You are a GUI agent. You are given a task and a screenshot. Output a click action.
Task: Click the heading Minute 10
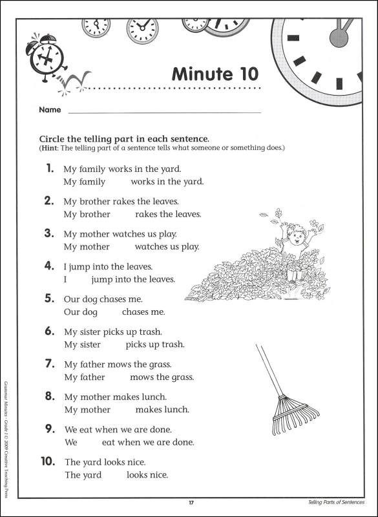(215, 73)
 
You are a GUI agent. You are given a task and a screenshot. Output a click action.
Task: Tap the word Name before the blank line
(50, 110)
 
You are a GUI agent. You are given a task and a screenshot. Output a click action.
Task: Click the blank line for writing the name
(164, 112)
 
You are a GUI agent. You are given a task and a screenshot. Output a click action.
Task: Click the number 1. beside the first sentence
(50, 169)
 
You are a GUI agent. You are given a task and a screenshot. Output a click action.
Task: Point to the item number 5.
(49, 299)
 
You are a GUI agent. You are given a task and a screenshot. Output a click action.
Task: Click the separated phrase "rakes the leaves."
(169, 214)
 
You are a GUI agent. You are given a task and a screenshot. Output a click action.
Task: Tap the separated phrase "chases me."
(143, 312)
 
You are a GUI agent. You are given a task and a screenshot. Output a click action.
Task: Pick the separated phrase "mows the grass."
(162, 377)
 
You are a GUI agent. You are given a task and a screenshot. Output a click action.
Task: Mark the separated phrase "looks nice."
(147, 475)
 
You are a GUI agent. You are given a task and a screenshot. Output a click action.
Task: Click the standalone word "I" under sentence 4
(65, 280)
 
